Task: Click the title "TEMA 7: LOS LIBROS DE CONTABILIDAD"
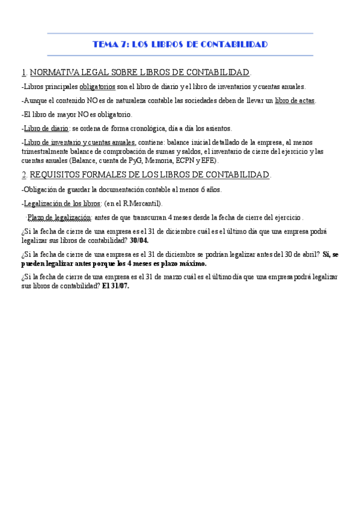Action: click(180, 45)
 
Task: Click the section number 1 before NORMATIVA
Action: click(23, 72)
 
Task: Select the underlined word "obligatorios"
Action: click(97, 87)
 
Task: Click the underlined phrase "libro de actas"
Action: click(294, 100)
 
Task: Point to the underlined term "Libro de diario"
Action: click(46, 128)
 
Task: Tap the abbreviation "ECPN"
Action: click(185, 161)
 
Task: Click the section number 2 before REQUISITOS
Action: click(23, 174)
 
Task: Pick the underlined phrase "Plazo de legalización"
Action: click(59, 217)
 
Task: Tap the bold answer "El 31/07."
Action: click(115, 286)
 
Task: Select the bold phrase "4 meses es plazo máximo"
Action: click(165, 263)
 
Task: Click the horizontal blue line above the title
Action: click(180, 34)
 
